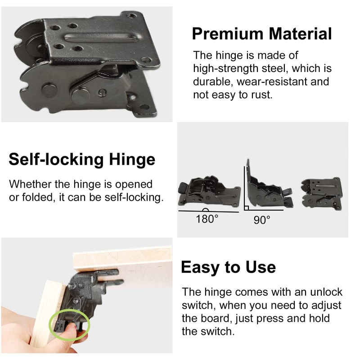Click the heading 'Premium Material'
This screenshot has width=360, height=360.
(262, 34)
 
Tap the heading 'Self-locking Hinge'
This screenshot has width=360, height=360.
(82, 159)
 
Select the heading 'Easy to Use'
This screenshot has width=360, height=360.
(228, 267)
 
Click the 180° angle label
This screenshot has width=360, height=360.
(207, 220)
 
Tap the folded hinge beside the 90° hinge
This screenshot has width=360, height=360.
(322, 191)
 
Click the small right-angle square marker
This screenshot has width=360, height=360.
(247, 208)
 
